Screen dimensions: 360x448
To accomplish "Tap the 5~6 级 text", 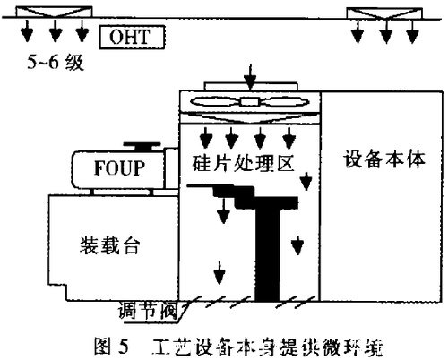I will [55, 64].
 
